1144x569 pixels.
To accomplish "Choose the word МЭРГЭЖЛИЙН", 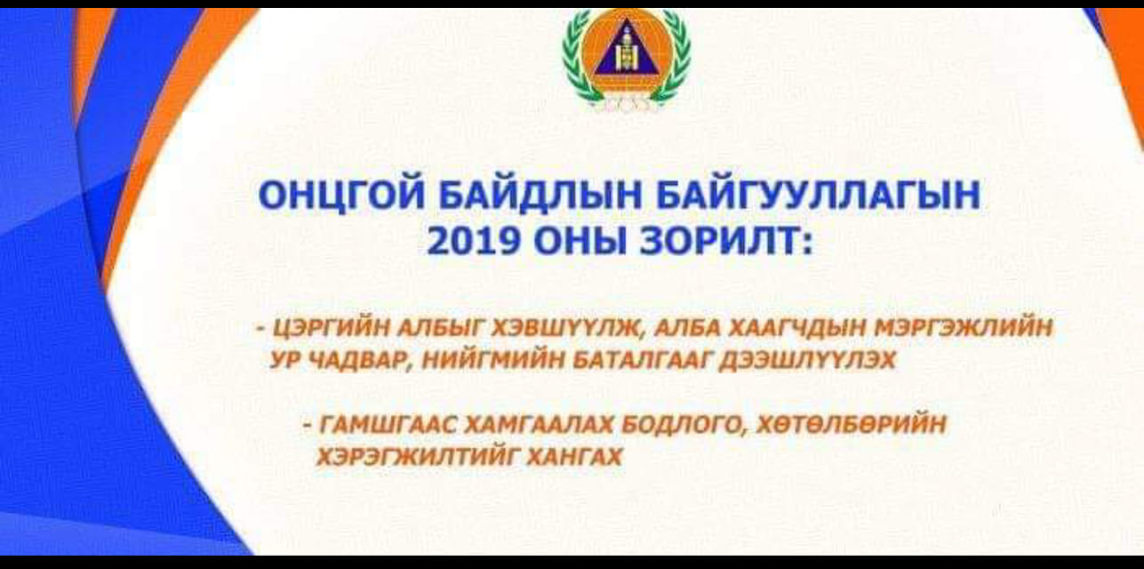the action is click(x=963, y=327).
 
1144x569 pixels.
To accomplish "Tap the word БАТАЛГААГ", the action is click(x=641, y=361).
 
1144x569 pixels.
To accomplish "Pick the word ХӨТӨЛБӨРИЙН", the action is click(x=851, y=424).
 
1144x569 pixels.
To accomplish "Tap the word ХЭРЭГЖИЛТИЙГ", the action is click(x=416, y=456).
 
